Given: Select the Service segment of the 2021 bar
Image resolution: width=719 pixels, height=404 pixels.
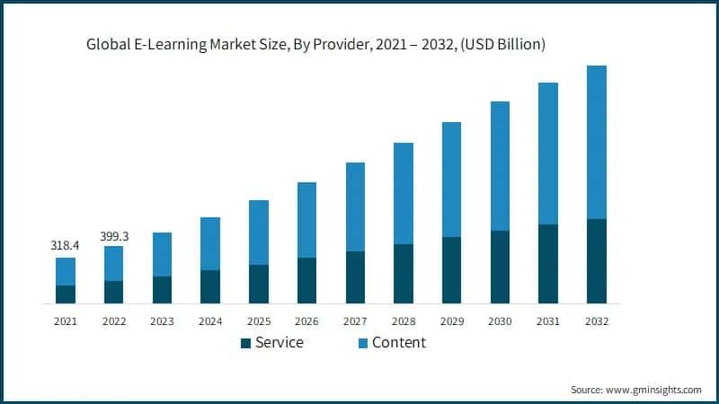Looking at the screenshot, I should [x=66, y=294].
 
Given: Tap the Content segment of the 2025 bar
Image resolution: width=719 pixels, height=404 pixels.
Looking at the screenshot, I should [x=259, y=233].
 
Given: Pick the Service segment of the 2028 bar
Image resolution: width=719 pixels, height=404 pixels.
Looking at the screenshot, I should [x=404, y=274].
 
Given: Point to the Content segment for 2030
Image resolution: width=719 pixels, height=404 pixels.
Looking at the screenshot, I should [x=501, y=166].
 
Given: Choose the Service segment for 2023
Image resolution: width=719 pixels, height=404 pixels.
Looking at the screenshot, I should [x=162, y=290].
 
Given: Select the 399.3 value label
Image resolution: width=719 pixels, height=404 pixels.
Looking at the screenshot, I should [x=113, y=236].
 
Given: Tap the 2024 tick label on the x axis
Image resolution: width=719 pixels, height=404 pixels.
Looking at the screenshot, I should [x=210, y=321].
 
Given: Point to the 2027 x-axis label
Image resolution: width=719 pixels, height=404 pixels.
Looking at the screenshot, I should [x=355, y=321].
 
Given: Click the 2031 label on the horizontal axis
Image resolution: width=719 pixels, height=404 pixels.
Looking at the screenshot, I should [x=548, y=321].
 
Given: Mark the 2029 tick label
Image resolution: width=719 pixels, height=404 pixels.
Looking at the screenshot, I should [x=452, y=321].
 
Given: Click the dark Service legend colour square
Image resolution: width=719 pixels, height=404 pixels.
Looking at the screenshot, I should [x=245, y=343].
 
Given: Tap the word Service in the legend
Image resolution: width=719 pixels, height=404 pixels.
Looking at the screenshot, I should [x=280, y=342].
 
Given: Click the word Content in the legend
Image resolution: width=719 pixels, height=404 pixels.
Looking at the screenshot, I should [x=399, y=342].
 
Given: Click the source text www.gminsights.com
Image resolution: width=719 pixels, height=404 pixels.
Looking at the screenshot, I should [x=652, y=390].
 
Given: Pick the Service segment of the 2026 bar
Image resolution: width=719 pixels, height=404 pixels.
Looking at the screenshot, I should [x=307, y=281].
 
